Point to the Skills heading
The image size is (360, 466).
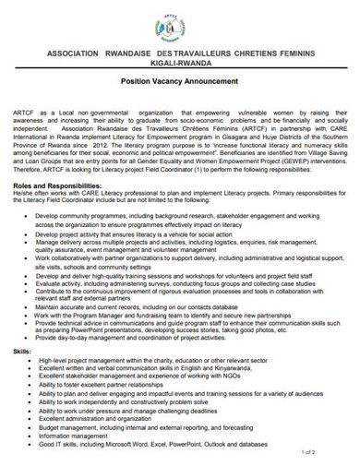click(20, 352)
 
